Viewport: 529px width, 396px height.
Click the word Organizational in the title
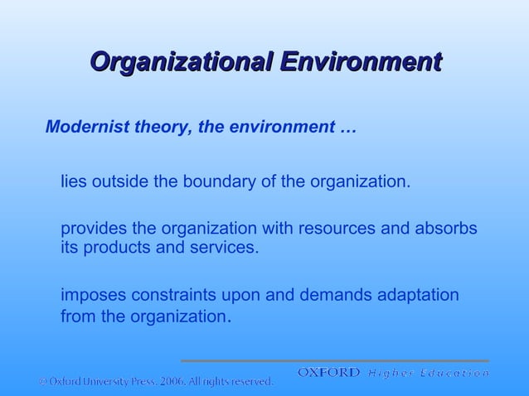click(180, 62)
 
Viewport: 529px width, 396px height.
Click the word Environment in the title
click(359, 62)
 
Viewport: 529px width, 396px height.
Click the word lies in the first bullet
click(74, 181)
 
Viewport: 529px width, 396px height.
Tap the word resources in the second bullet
click(336, 229)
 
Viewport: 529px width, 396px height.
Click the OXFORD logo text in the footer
click(329, 373)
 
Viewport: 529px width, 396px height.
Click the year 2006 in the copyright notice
click(167, 382)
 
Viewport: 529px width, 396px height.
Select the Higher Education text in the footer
click(429, 374)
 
